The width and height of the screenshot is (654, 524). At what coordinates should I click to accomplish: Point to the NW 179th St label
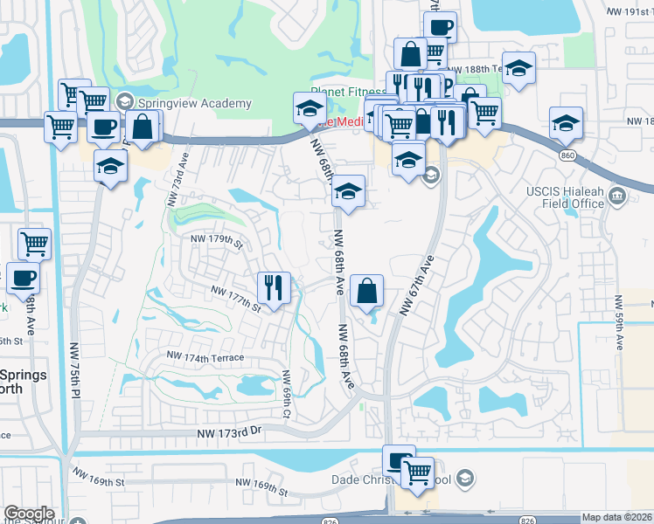[212, 241]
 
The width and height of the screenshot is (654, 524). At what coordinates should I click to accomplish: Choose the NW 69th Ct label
[286, 393]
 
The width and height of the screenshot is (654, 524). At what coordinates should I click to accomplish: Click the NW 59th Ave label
[620, 323]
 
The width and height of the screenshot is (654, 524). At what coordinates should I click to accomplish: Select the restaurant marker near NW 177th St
[274, 288]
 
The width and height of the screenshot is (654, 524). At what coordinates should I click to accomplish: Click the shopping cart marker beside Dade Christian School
[418, 473]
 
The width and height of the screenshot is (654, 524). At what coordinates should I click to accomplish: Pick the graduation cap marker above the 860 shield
[565, 123]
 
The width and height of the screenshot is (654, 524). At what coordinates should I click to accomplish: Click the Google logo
[29, 514]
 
